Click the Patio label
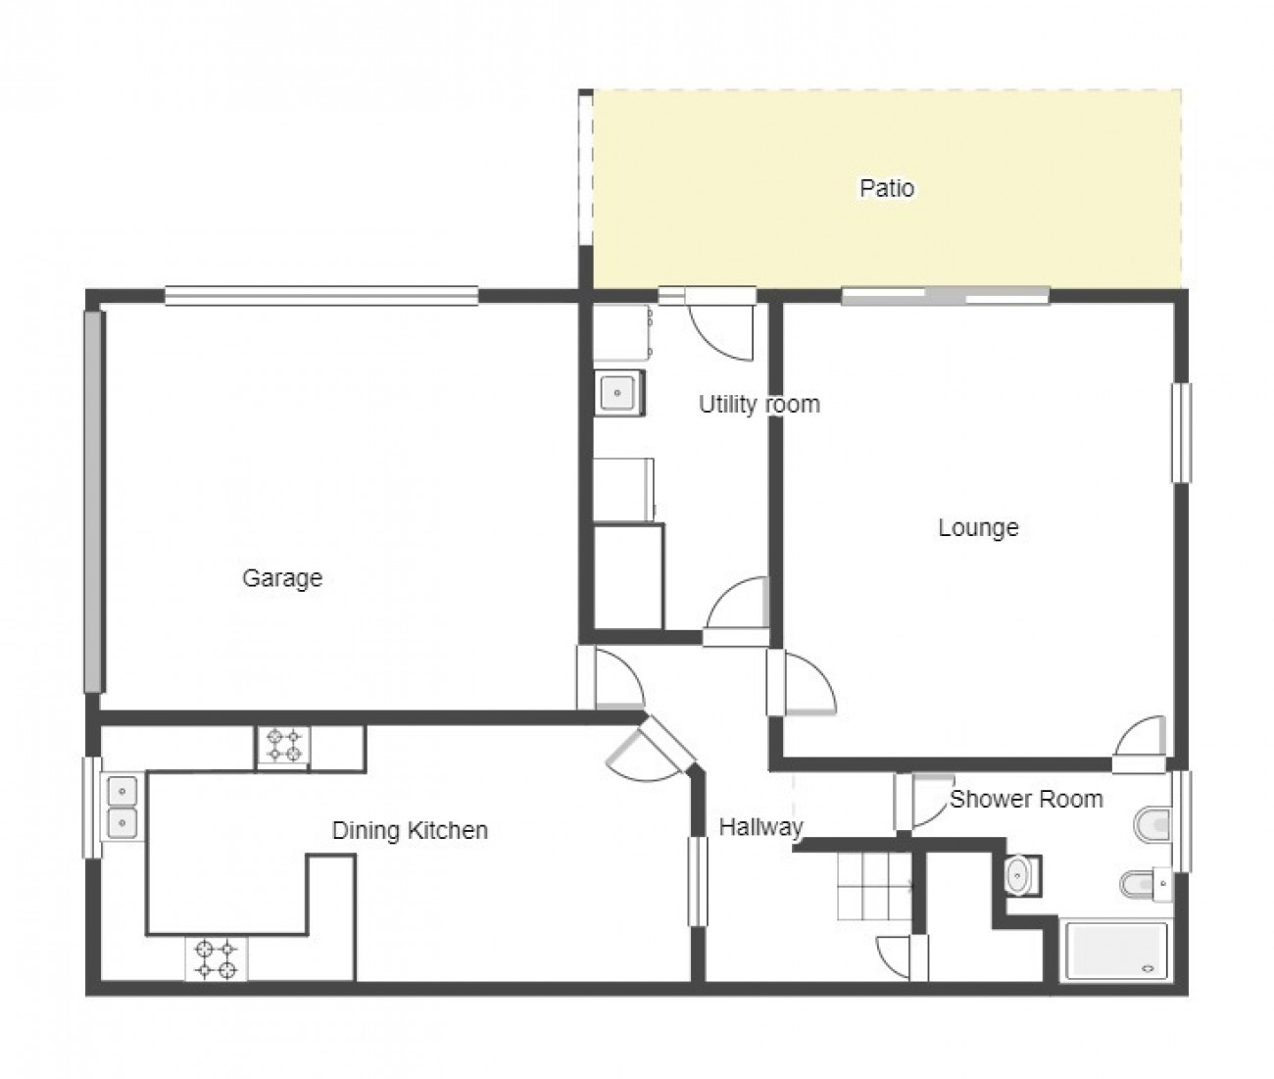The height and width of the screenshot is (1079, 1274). pyautogui.click(x=886, y=188)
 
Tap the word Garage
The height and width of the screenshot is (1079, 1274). pyautogui.click(x=282, y=578)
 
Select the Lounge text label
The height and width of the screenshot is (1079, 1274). pyautogui.click(x=978, y=527)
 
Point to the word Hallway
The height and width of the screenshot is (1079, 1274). pyautogui.click(x=761, y=827)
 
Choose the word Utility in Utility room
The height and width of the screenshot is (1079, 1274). pyautogui.click(x=727, y=405)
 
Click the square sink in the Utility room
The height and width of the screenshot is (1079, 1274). pyautogui.click(x=619, y=393)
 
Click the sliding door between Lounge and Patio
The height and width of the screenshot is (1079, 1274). pyautogui.click(x=946, y=296)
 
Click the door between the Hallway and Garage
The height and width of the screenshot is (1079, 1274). pyautogui.click(x=612, y=677)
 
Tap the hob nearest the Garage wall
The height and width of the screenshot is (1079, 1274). pyautogui.click(x=283, y=747)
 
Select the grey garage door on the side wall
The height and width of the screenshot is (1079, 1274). pyautogui.click(x=92, y=502)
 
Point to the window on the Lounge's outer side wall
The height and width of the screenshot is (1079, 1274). pyautogui.click(x=1182, y=432)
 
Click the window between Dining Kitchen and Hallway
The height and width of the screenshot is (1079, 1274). pyautogui.click(x=698, y=882)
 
